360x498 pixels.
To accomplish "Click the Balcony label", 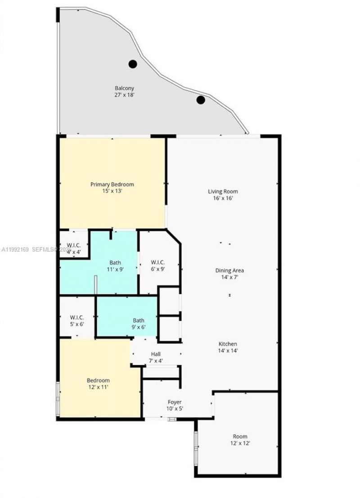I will point(124,89).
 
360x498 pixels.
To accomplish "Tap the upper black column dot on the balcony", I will point(132,64).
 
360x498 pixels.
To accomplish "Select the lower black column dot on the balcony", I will point(201,99).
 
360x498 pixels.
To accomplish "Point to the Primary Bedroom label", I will point(112,184).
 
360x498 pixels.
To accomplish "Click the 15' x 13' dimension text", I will point(112,191).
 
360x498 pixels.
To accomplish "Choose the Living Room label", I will point(223,191).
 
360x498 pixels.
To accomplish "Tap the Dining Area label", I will point(229,271).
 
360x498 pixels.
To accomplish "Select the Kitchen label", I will point(228,344).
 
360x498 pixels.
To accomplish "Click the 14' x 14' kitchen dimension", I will point(228,351).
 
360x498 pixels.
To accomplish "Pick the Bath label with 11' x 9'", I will point(115,263).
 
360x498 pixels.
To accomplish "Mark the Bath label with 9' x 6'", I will point(138,321).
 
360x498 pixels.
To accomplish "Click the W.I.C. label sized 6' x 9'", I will point(157,262).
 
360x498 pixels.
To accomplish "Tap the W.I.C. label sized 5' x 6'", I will point(77,317).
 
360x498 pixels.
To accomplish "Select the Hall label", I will point(156,354).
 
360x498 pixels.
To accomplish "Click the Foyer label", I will point(175,402).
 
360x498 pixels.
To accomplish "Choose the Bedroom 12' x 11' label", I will point(99,381).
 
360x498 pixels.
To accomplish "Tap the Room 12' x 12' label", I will point(240,436).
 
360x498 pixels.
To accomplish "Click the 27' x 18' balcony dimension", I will point(124,95).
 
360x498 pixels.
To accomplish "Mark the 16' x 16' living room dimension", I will point(223,198).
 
